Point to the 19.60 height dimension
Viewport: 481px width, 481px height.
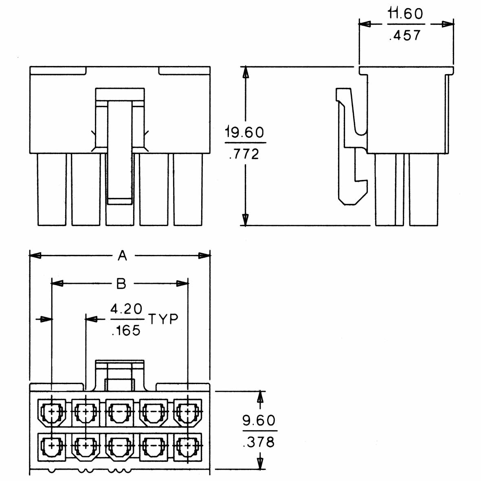[x=245, y=132]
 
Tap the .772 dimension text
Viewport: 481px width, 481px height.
[x=244, y=154]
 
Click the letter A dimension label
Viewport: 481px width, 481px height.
[x=122, y=256]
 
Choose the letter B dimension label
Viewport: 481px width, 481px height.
[x=121, y=283]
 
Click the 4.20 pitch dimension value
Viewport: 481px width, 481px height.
[x=127, y=309]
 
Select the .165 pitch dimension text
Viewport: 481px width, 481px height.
[x=126, y=330]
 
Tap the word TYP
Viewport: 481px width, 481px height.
[x=163, y=319]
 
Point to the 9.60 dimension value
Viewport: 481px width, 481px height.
[x=259, y=420]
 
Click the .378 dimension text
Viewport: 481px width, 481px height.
[x=259, y=441]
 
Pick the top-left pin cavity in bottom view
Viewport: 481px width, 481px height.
[x=52, y=412]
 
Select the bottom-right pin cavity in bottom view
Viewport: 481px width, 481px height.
[x=188, y=447]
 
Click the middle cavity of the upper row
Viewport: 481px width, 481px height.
[x=120, y=412]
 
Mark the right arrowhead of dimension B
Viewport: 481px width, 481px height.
[x=183, y=283]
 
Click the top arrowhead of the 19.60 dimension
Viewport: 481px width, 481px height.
[x=245, y=72]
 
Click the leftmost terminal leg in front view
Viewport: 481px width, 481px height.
[x=52, y=189]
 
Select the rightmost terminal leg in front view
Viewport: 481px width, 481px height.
[x=188, y=189]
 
